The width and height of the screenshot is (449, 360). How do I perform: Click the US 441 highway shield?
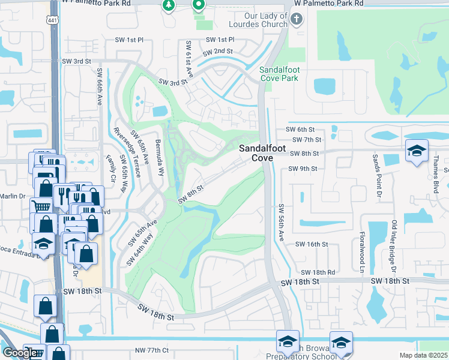pos(53,20)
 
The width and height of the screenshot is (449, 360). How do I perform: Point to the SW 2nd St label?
pos(215,52)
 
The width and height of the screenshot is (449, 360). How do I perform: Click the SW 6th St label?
pos(300,130)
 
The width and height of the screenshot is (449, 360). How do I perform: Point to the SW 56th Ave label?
pos(281,223)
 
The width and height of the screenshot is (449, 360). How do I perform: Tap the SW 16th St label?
pos(313,244)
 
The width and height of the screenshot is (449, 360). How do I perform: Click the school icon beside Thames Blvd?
pos(415,151)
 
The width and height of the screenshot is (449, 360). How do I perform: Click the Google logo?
pos(20,353)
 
